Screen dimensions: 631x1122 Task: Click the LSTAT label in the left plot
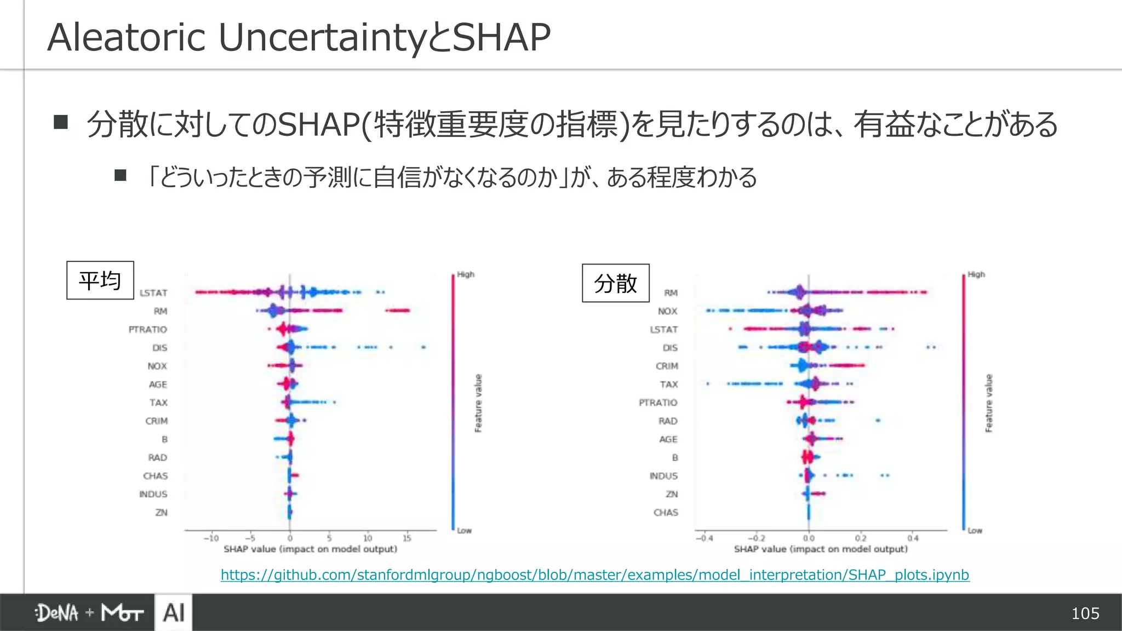click(153, 293)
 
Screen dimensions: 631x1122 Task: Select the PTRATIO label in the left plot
click(147, 330)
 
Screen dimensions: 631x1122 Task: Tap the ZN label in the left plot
click(161, 513)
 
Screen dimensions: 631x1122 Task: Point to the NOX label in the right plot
click(667, 311)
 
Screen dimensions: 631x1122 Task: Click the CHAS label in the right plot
click(666, 513)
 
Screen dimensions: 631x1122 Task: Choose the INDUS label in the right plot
click(663, 476)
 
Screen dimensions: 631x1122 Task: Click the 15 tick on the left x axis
click(407, 538)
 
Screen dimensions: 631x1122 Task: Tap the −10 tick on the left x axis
click(211, 538)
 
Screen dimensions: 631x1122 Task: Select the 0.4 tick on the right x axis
click(913, 538)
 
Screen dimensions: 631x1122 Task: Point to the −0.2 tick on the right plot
click(756, 538)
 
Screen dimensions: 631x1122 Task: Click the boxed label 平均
click(100, 280)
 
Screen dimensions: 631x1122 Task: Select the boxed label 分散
click(615, 283)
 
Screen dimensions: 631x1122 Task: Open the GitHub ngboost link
click(595, 575)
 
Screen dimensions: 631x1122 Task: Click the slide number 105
click(1085, 613)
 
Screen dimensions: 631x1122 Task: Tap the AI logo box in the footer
click(174, 612)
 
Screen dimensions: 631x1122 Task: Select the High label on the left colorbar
click(466, 274)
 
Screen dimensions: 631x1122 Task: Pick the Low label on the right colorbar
click(975, 530)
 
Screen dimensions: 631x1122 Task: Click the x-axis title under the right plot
click(820, 549)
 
